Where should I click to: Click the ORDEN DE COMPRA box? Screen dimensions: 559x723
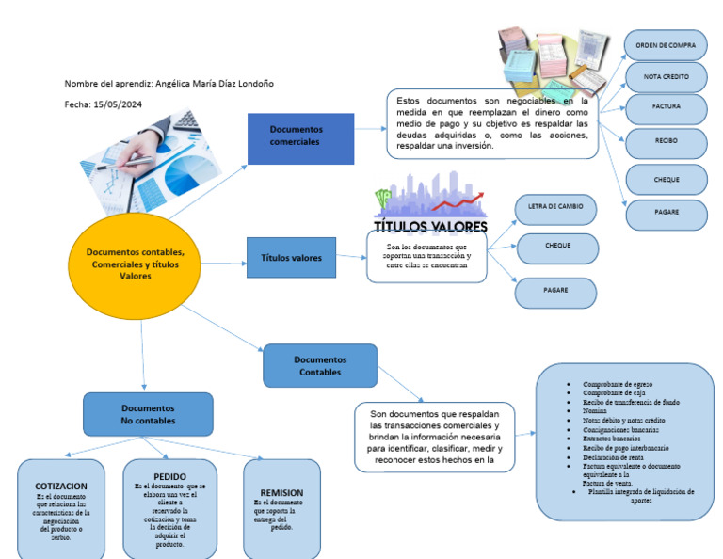[666, 44]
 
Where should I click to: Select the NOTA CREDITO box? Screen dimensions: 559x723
[666, 76]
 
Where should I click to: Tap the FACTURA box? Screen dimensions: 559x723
[666, 107]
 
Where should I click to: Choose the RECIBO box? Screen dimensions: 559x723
[666, 141]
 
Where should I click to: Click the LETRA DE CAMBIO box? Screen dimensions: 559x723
[556, 206]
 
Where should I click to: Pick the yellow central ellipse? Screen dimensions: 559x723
[135, 264]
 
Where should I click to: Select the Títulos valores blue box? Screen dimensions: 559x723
[291, 258]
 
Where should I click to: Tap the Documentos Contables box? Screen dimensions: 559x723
[320, 366]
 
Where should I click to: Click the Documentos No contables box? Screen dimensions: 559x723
[146, 415]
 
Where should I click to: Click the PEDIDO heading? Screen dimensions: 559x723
[169, 476]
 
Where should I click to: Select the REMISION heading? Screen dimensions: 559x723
[281, 492]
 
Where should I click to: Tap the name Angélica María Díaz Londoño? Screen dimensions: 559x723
[216, 83]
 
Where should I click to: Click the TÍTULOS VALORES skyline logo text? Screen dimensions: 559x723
[431, 226]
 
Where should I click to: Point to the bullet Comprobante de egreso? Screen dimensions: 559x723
[618, 384]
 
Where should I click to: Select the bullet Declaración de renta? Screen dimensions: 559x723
[614, 456]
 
